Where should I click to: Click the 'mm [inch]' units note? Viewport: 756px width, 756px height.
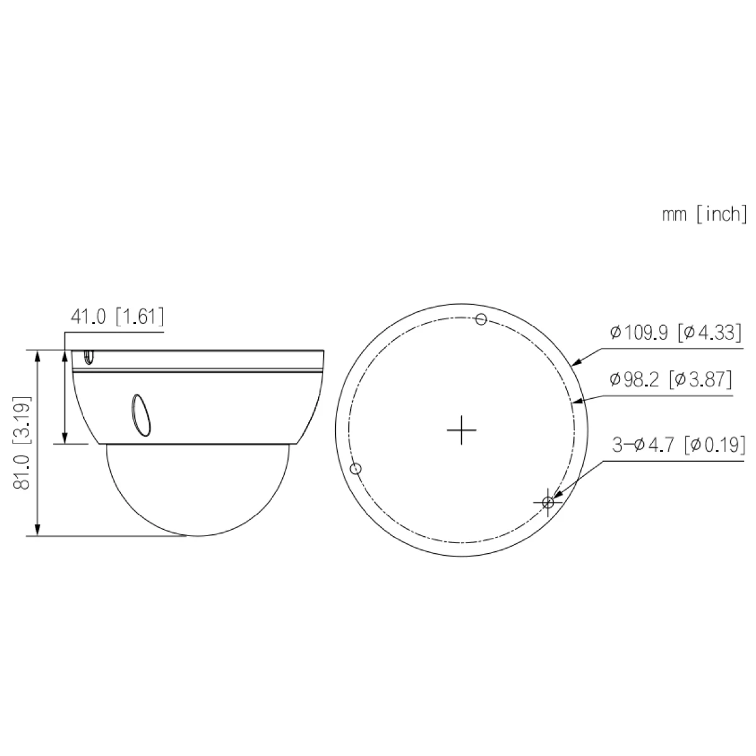pyautogui.click(x=704, y=214)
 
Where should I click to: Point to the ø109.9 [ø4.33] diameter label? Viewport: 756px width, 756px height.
pyautogui.click(x=675, y=333)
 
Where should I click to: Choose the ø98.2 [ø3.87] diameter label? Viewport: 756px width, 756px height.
pyautogui.click(x=670, y=379)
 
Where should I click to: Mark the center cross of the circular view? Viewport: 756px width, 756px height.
pyautogui.click(x=461, y=430)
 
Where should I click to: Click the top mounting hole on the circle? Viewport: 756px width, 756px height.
pyautogui.click(x=481, y=319)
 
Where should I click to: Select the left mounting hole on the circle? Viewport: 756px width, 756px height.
pyautogui.click(x=355, y=469)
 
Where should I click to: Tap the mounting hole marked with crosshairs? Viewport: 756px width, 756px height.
pyautogui.click(x=547, y=502)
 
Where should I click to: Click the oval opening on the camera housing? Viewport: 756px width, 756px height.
pyautogui.click(x=140, y=415)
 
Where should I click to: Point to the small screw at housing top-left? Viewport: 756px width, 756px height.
pyautogui.click(x=88, y=357)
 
